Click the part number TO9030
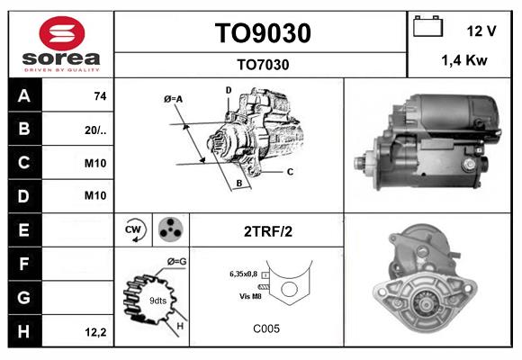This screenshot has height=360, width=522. (262, 33)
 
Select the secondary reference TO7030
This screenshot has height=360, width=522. (262, 64)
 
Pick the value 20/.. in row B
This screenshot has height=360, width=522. (95, 130)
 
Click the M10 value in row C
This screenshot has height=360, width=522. (95, 163)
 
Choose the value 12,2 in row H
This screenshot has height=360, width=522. (95, 332)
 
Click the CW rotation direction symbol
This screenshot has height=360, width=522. (134, 230)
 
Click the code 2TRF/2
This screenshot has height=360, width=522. (268, 230)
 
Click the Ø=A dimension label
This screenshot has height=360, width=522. (173, 99)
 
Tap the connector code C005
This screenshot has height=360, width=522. (266, 328)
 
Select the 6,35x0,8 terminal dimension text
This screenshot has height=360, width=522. (243, 273)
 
